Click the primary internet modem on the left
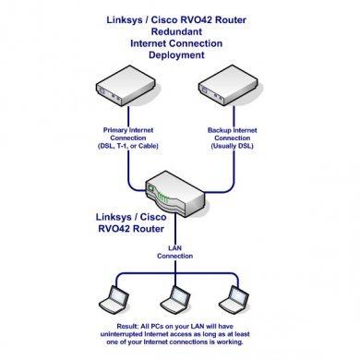(126, 85)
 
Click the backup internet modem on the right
(228, 85)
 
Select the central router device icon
(174, 194)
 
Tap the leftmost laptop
(114, 300)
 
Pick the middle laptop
(174, 300)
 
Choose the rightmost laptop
(234, 300)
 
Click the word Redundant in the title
(176, 31)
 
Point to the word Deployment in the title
(176, 55)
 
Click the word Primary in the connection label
(114, 130)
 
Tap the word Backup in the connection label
(219, 130)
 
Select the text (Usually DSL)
(233, 146)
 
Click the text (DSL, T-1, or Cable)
(128, 146)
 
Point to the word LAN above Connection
(174, 248)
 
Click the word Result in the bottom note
(127, 326)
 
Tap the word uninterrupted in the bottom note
(122, 334)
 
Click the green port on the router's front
(150, 188)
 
